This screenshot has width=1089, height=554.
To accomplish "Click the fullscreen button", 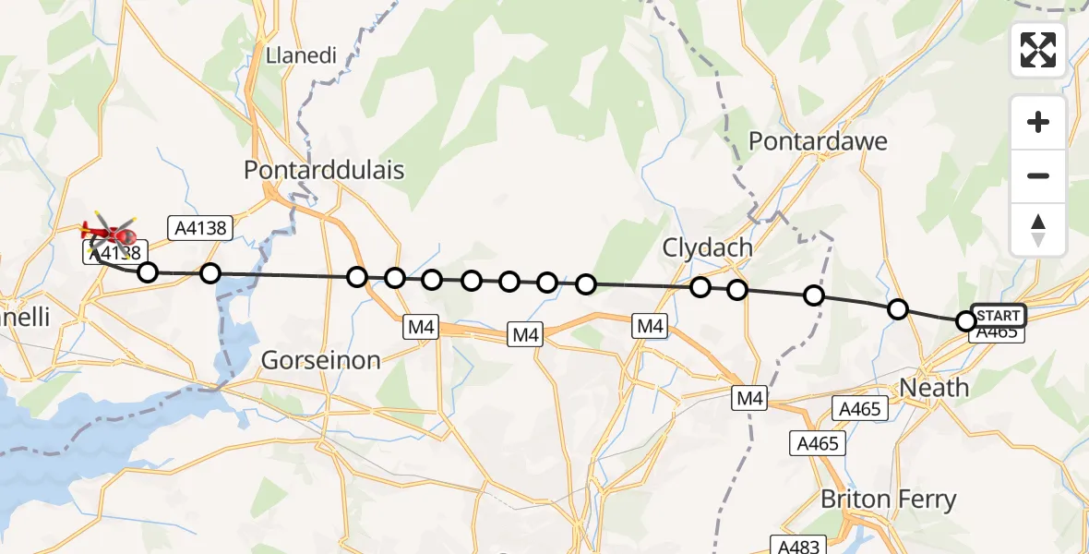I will [x=1038, y=50].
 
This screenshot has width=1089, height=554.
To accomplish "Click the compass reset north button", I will [x=1038, y=230].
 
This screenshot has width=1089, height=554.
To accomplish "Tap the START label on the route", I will [x=999, y=316].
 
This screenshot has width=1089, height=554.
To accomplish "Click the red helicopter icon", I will [x=110, y=234].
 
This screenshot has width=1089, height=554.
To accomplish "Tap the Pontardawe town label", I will [x=818, y=141].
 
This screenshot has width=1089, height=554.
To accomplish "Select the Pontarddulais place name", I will [x=324, y=170].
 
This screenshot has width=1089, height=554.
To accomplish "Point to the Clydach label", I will [x=707, y=248].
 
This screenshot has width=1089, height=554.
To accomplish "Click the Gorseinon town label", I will [x=321, y=360].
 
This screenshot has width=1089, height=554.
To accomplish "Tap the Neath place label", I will [x=934, y=388].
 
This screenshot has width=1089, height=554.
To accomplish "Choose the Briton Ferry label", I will [x=889, y=500].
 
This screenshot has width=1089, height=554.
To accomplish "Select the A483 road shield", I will [x=795, y=546].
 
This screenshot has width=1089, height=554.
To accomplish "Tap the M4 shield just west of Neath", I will [x=749, y=399].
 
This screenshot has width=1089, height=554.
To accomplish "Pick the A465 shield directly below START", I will [x=997, y=332].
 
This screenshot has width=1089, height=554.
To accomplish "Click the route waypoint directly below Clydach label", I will [x=700, y=287].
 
